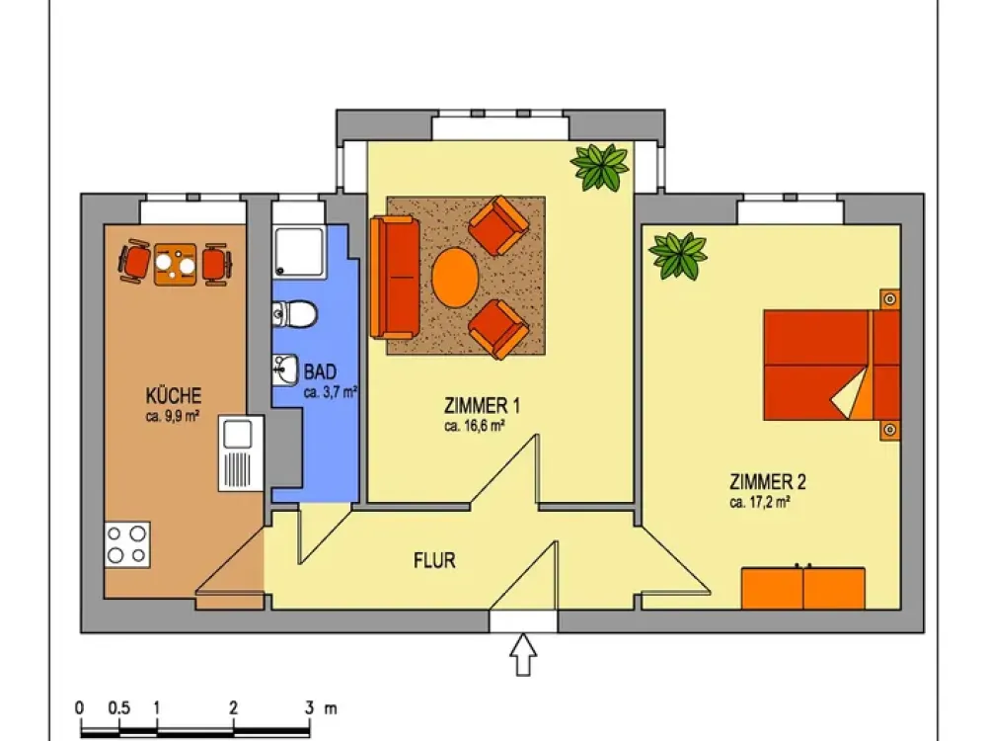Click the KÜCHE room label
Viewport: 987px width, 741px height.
pyautogui.click(x=174, y=396)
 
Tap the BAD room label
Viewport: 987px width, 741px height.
pyautogui.click(x=320, y=371)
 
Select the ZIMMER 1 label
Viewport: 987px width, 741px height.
pyautogui.click(x=483, y=404)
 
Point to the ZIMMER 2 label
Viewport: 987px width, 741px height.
pyautogui.click(x=767, y=482)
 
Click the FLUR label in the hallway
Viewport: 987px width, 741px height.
pyautogui.click(x=434, y=560)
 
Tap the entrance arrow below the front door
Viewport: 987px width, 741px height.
pyautogui.click(x=523, y=655)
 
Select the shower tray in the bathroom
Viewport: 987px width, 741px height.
pyautogui.click(x=300, y=252)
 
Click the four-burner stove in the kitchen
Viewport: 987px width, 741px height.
pyautogui.click(x=127, y=544)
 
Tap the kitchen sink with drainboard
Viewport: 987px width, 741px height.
pyautogui.click(x=241, y=453)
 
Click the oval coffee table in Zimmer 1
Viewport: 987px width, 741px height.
pyautogui.click(x=455, y=278)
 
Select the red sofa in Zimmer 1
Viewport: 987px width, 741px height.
pyautogui.click(x=395, y=278)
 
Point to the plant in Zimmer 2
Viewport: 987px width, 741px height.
pyautogui.click(x=678, y=256)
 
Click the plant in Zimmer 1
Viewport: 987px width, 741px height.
pyautogui.click(x=600, y=167)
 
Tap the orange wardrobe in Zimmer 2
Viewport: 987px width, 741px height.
pyautogui.click(x=803, y=588)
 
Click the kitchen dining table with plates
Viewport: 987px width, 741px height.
pyautogui.click(x=175, y=265)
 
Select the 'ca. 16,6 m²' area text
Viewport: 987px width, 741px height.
pyautogui.click(x=474, y=426)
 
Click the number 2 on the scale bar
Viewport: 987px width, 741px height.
pyautogui.click(x=234, y=707)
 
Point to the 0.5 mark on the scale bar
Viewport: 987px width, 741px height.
pyautogui.click(x=119, y=707)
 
